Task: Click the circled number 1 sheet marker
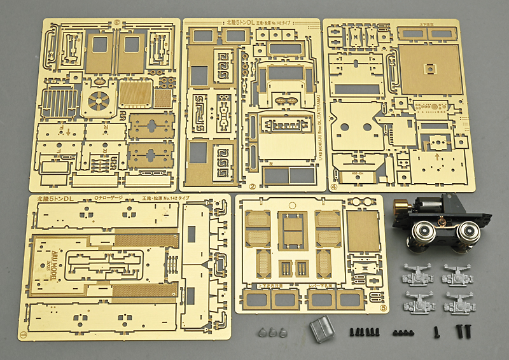point(24,332)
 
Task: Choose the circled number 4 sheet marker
point(334,187)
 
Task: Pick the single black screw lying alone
point(436,331)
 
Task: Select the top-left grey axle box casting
point(415,275)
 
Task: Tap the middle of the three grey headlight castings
point(272,331)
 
